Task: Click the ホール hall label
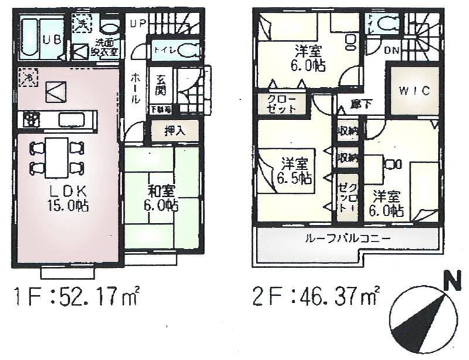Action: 135,87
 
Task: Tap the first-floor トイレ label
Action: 162,51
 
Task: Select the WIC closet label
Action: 415,91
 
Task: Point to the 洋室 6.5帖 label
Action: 295,169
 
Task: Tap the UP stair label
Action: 138,23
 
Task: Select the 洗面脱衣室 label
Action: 107,47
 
